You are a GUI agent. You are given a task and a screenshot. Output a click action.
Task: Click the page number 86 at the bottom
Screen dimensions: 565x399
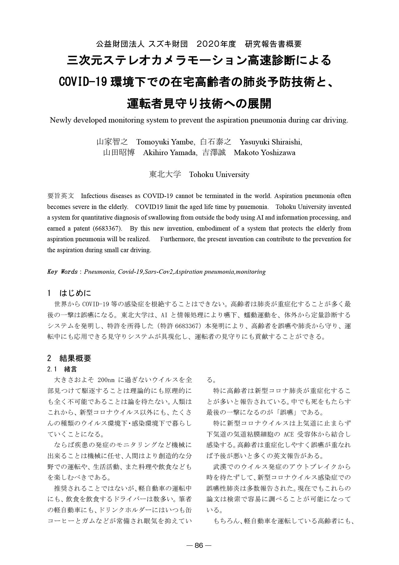(x=199, y=545)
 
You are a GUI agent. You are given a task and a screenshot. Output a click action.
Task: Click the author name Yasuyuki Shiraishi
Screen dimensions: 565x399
(x=271, y=142)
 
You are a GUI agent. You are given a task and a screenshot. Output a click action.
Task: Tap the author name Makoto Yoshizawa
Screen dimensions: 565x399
(x=264, y=153)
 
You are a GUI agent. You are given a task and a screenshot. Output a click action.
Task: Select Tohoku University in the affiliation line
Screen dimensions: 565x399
(x=219, y=175)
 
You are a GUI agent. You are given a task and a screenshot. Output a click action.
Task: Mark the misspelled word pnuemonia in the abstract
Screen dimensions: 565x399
(x=254, y=207)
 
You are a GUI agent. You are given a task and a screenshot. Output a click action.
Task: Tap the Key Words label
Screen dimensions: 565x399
(x=62, y=272)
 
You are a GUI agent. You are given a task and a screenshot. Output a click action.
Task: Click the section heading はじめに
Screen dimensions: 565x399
(x=75, y=293)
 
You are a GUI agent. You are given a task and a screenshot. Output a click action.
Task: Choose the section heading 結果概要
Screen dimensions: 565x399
(x=75, y=358)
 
